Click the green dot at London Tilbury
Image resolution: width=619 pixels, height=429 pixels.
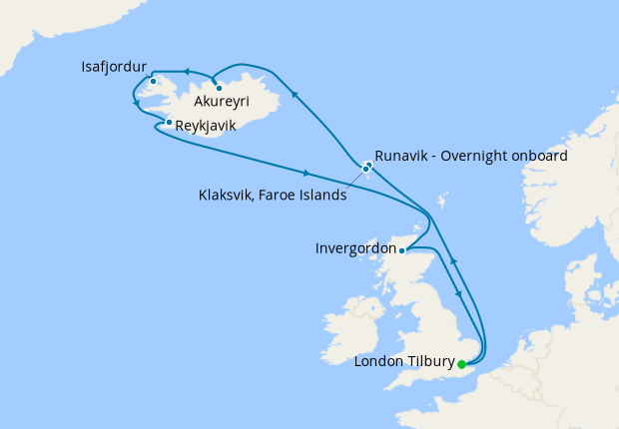(x=461, y=364)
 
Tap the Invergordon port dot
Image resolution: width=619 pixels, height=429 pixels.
(x=401, y=250)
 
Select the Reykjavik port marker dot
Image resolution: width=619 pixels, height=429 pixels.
(x=169, y=123)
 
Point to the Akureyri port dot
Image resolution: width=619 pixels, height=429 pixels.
(x=219, y=88)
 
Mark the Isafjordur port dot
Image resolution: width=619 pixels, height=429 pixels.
(x=153, y=81)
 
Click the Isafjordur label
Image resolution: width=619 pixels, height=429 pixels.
(x=115, y=67)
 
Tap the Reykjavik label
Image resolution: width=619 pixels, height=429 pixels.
(x=206, y=127)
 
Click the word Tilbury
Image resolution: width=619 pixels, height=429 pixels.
(x=429, y=361)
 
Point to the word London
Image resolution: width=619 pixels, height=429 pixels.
(x=378, y=361)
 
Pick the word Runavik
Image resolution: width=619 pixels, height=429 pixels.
(x=403, y=156)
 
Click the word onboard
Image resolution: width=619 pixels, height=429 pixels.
(x=539, y=156)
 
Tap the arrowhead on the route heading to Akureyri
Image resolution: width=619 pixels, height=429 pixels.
(x=295, y=93)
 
